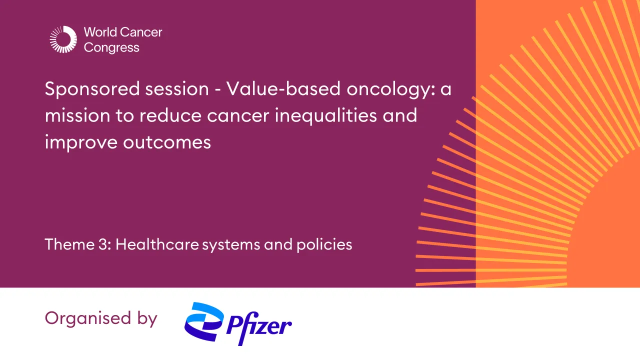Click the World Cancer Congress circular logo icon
coord(63,39)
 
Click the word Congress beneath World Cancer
coord(111,48)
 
